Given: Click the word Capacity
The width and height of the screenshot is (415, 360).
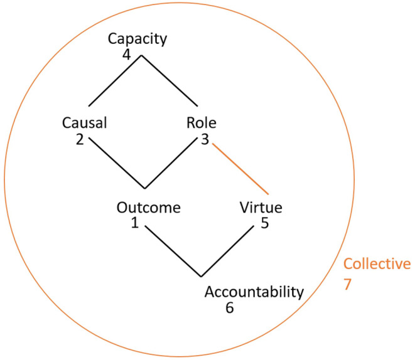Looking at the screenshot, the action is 137,39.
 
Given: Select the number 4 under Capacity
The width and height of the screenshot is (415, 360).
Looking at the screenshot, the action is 127,55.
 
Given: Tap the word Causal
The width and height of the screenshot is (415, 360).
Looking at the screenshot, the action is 84,123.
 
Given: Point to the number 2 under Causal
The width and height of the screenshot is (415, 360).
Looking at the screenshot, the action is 80,139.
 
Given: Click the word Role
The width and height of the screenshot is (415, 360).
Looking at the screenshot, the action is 202,123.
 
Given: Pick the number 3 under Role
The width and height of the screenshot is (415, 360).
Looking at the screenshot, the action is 205,139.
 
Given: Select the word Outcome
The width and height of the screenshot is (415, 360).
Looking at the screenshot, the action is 148,208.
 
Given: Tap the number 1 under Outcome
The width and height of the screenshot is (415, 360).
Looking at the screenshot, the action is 135,223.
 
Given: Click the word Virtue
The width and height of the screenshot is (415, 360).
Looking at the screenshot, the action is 261,208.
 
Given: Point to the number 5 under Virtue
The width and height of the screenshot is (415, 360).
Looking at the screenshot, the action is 265,223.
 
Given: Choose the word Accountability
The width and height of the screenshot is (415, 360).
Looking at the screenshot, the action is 254,293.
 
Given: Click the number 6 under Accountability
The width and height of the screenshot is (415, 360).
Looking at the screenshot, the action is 229,307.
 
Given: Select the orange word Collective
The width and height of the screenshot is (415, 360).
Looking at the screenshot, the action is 377,264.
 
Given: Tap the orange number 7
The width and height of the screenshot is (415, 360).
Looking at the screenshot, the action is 347,284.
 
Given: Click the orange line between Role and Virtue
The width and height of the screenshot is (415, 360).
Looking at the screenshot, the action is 240,169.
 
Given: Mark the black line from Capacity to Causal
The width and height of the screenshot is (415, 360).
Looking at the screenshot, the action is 115,81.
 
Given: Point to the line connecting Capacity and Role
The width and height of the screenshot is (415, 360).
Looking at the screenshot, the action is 170,81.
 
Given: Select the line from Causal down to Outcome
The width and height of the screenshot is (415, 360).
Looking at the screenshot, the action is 117,163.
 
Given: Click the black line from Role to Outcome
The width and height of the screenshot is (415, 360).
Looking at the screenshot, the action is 170,163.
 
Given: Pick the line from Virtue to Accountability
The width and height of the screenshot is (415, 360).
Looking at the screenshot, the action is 227,251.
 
